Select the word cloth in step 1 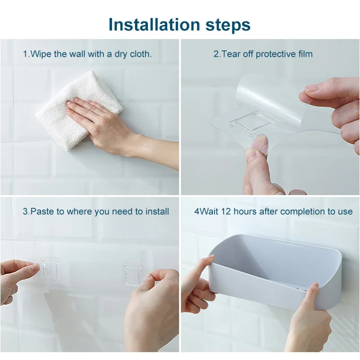coord(139,54)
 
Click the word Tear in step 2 coord(230,54)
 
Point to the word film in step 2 coord(304,54)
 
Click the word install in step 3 coord(157,211)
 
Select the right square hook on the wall coord(133,273)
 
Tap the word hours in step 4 coord(237,211)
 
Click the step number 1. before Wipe coord(26,54)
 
